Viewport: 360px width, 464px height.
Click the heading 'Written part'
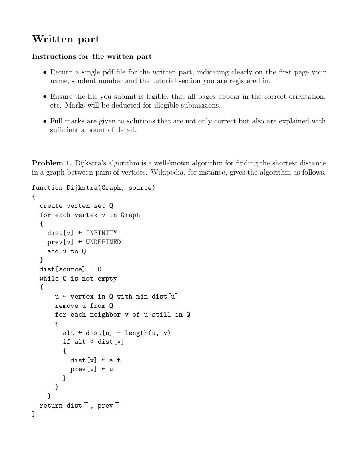click(x=66, y=39)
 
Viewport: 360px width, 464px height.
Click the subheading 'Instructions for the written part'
click(x=92, y=57)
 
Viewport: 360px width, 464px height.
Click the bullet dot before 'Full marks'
click(x=45, y=121)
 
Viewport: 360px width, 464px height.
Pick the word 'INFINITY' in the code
click(x=101, y=233)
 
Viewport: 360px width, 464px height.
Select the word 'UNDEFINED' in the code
click(x=103, y=242)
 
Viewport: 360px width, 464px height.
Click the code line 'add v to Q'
click(x=66, y=251)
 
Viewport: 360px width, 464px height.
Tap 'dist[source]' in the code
click(x=62, y=269)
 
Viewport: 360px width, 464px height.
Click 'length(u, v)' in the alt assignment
click(x=147, y=333)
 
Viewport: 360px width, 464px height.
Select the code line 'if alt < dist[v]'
click(x=93, y=342)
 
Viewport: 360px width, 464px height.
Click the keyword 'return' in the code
click(x=51, y=406)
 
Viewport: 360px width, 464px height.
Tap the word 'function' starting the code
click(x=47, y=188)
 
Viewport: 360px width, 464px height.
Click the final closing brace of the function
click(x=34, y=414)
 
